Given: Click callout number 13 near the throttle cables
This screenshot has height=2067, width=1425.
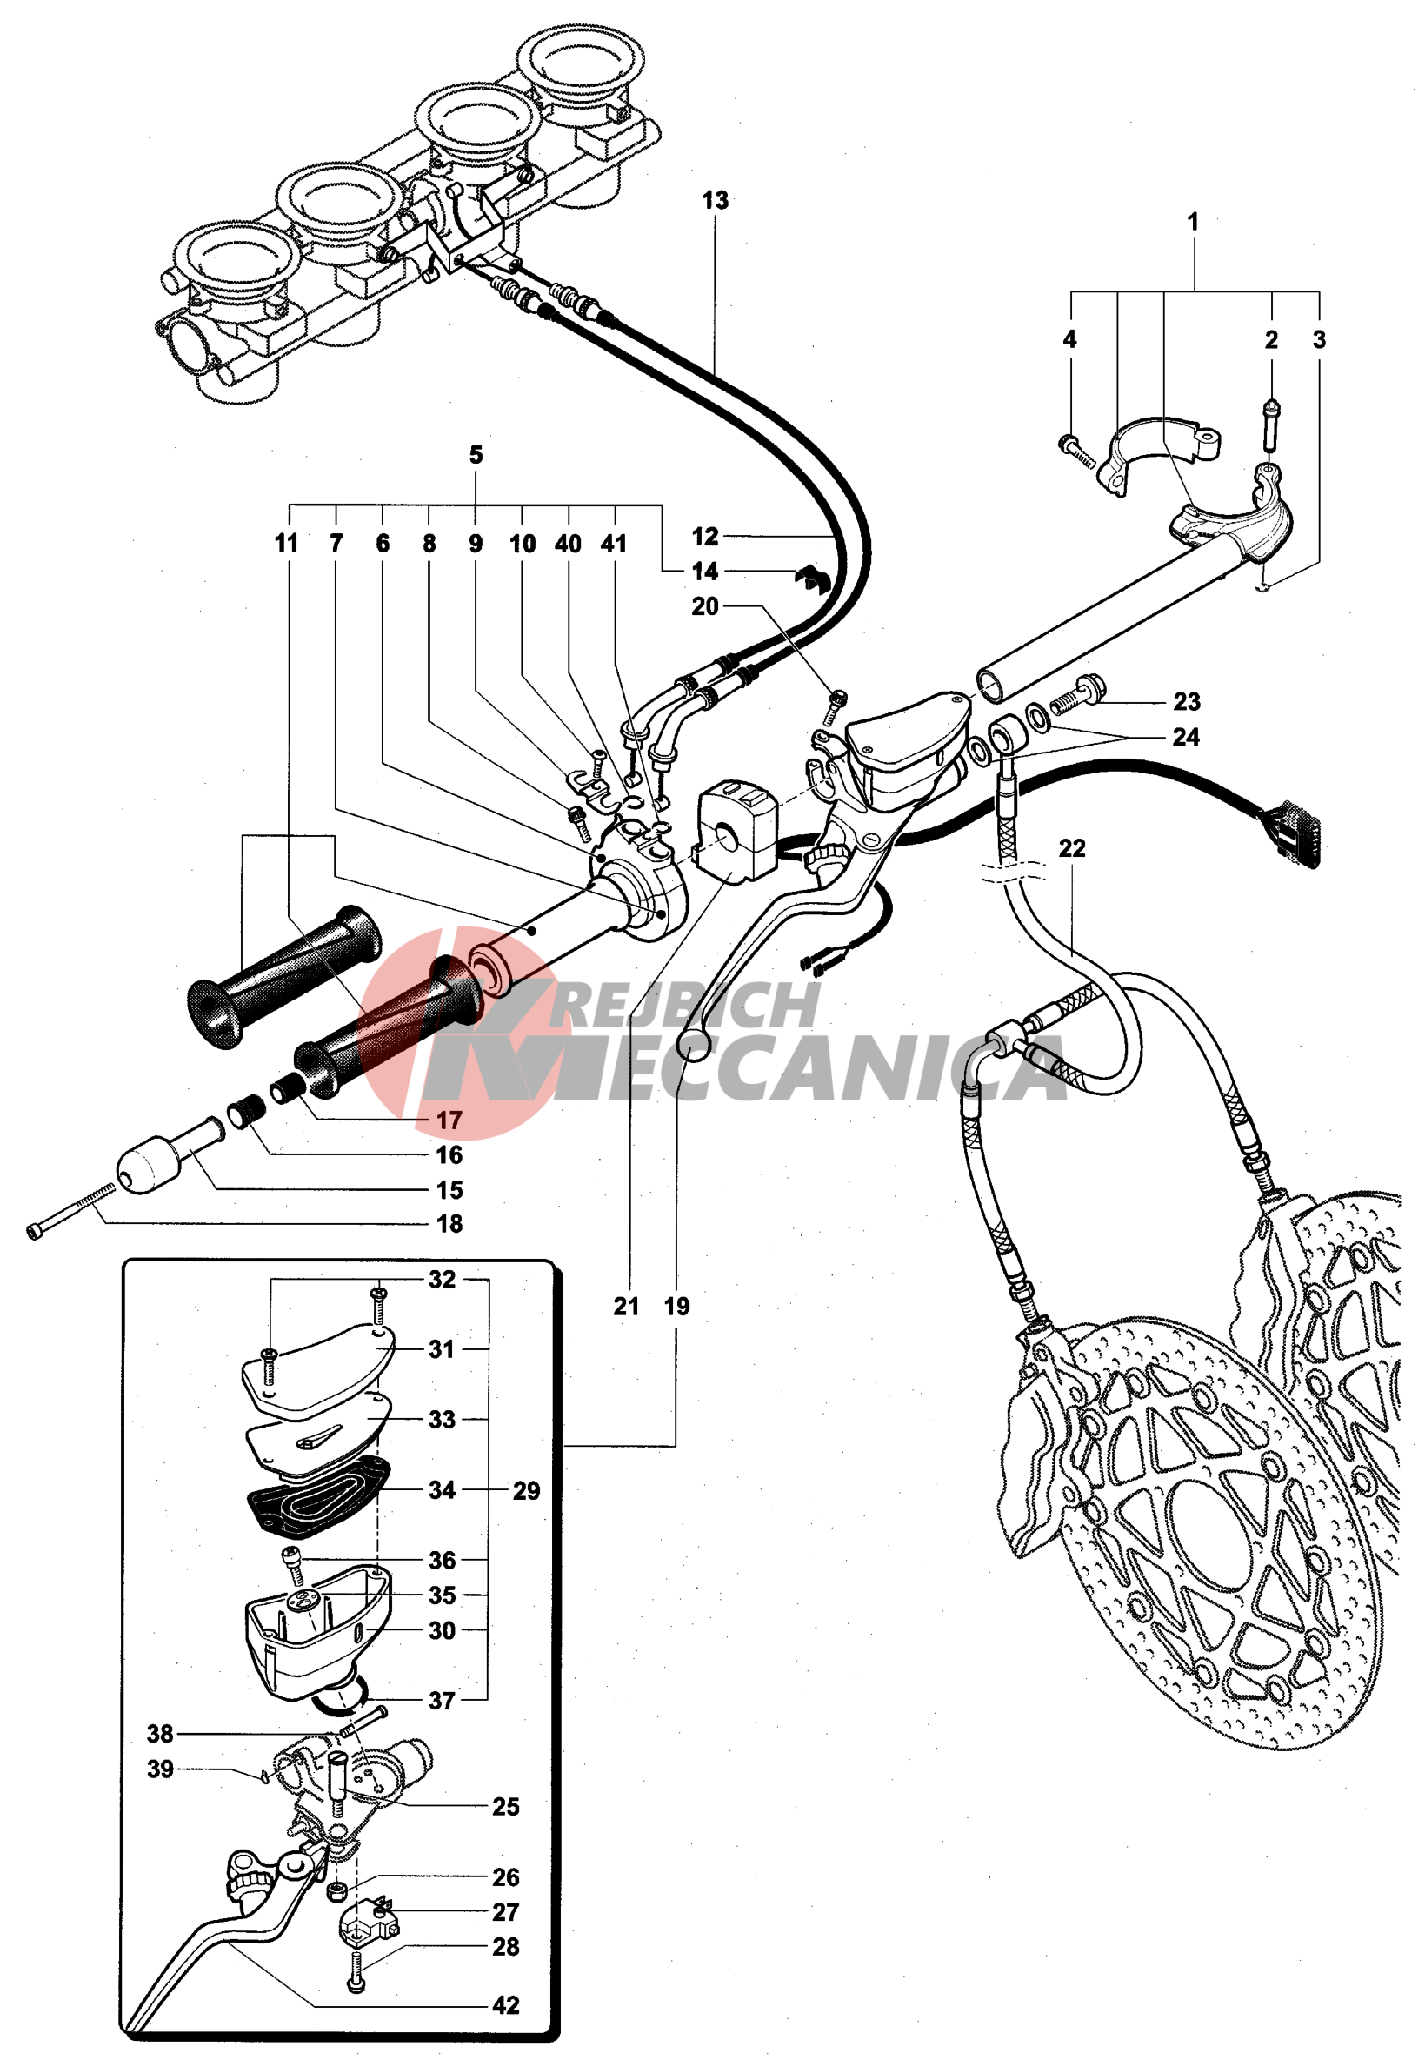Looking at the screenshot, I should coord(715,201).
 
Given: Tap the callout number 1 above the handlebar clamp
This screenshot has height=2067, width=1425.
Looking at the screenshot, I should coord(1193,223).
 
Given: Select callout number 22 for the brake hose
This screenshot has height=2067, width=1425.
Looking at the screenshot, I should coord(1071,848).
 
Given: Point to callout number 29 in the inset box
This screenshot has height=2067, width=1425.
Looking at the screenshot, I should coord(526,1491).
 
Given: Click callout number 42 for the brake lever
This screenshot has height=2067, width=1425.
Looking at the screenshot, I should coord(505,2005).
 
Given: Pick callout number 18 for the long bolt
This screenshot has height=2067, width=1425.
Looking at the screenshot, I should coord(449,1225).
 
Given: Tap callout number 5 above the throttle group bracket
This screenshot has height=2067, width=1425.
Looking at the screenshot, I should coord(476,456).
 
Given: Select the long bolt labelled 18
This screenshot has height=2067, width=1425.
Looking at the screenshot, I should coord(71,1210).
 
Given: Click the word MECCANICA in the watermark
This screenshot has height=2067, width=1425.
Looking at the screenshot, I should coord(803,1067).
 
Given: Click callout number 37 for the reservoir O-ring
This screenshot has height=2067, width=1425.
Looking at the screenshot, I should coord(442,1701).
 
